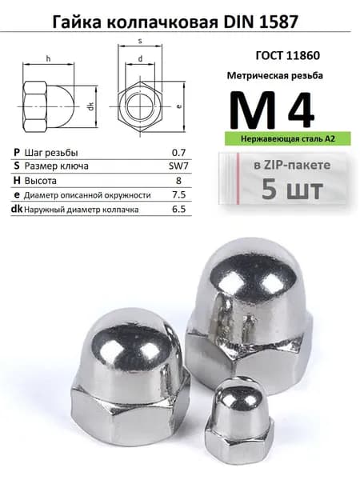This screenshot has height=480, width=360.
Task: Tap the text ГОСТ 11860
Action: coord(287,55)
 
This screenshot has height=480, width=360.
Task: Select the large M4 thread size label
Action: coord(272,110)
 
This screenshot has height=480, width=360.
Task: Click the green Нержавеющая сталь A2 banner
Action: coord(288,138)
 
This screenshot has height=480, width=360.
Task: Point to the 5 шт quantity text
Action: coord(292,190)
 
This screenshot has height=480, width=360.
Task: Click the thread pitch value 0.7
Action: coord(179,153)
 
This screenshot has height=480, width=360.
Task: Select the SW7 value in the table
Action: coord(178,166)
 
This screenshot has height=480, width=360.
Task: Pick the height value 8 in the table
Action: coord(178,180)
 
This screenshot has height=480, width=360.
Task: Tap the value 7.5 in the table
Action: coord(179,194)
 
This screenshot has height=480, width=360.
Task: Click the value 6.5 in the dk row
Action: coord(179,209)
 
